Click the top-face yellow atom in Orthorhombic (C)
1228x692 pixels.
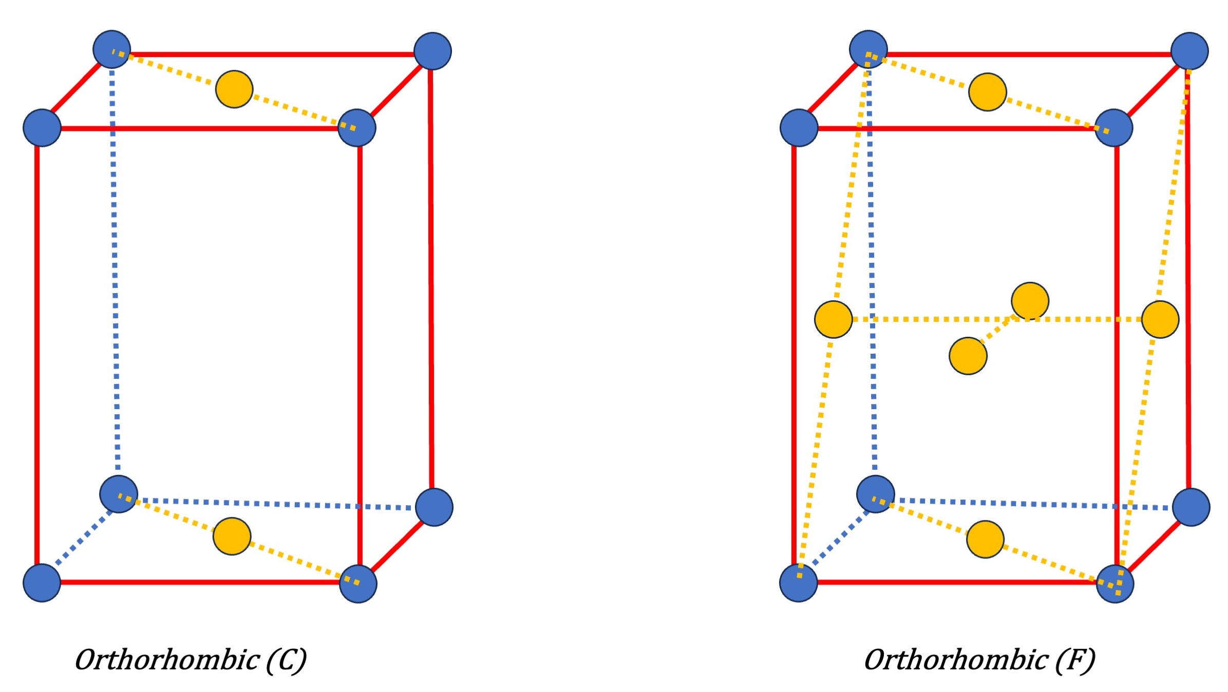234,89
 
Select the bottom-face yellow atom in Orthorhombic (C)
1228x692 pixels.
232,536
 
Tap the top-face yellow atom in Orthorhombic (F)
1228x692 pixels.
987,92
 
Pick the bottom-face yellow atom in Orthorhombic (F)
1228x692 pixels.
985,539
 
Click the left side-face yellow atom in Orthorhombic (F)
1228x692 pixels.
833,319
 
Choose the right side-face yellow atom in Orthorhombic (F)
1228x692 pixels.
1160,319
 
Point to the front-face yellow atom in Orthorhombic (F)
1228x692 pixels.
968,356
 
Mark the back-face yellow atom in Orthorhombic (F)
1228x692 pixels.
1030,301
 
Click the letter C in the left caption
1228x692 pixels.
286,660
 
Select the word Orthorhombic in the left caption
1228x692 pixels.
167,660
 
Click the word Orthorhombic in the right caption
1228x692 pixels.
956,660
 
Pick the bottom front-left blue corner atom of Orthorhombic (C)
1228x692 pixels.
42,583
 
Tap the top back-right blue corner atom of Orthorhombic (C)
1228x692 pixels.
432,51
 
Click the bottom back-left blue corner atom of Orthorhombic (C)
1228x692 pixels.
119,494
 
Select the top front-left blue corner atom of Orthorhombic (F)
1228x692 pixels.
799,127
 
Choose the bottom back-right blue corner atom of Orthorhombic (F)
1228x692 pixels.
1191,507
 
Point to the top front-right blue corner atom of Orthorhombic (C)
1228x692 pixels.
357,127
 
